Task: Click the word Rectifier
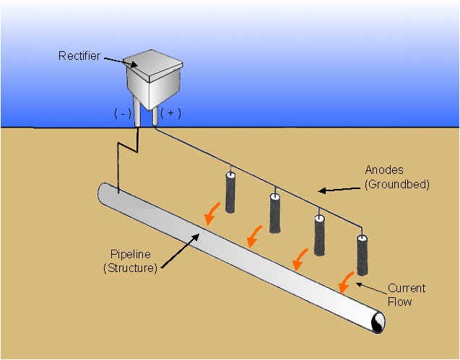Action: pos(79,55)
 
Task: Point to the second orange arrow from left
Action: pos(254,234)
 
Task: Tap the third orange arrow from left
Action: pos(300,256)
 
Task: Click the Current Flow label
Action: pos(407,294)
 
